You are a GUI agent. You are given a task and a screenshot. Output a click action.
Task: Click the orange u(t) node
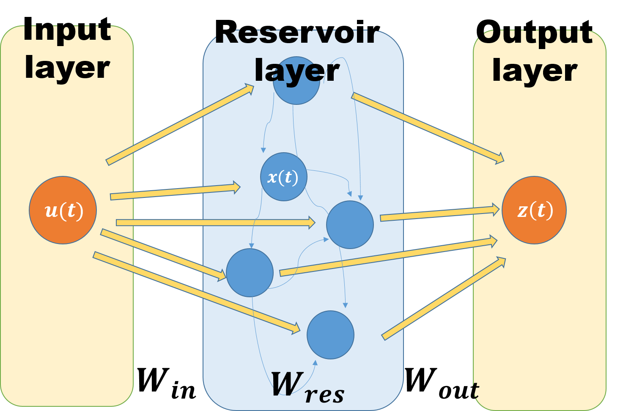(x=63, y=210)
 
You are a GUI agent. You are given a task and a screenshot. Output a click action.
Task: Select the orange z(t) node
(x=534, y=210)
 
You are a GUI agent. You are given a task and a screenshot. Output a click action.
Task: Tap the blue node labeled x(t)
(x=283, y=177)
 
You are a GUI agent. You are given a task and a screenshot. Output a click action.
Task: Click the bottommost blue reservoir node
(x=330, y=335)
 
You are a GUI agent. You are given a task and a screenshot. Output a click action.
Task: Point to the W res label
(x=307, y=386)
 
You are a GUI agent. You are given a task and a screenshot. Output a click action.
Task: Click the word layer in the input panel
(x=67, y=68)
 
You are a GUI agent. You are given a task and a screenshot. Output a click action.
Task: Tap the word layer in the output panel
(x=535, y=71)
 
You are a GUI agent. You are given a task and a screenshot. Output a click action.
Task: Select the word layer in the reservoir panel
(x=297, y=71)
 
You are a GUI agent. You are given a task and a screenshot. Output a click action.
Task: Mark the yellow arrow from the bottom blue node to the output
(x=444, y=299)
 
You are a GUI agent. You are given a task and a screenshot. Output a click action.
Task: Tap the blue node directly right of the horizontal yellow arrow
(x=350, y=225)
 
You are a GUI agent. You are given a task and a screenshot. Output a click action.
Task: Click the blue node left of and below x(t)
(x=250, y=273)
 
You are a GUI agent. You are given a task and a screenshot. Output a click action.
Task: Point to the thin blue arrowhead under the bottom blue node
(x=315, y=363)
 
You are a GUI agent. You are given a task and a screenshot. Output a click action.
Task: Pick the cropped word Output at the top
(x=535, y=36)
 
